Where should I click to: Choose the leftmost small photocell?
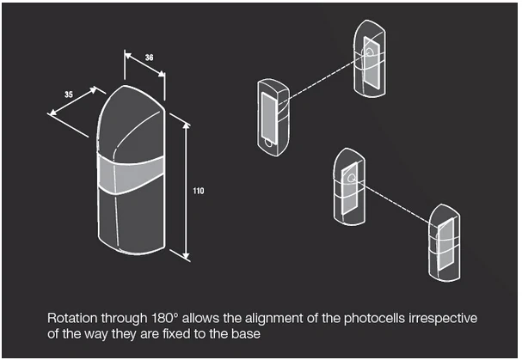pos(274,115)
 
